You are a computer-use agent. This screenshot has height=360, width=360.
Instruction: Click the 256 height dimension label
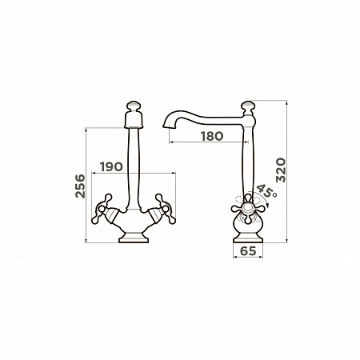[x=80, y=186]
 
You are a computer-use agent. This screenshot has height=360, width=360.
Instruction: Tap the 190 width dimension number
[x=111, y=167]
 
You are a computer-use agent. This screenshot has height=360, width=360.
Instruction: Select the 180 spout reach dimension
[x=212, y=136]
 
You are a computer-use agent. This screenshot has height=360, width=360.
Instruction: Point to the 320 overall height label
[x=281, y=170]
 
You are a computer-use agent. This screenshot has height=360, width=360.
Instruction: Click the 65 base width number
[x=248, y=251]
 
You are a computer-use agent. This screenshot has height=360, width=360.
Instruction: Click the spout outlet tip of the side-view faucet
[x=166, y=126]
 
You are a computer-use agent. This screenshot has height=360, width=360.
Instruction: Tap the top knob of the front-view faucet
[x=134, y=106]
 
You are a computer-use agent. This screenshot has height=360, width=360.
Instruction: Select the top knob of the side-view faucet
[x=248, y=106]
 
